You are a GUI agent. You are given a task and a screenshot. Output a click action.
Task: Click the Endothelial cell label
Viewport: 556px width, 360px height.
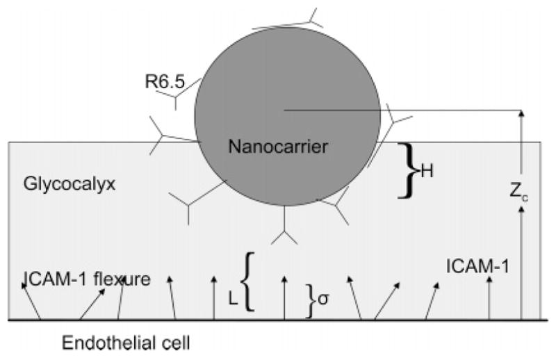[126, 343]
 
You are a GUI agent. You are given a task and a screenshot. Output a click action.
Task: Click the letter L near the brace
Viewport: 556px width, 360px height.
[233, 296]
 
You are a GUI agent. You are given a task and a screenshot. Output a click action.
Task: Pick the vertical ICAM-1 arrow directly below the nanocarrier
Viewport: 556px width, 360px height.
[284, 299]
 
